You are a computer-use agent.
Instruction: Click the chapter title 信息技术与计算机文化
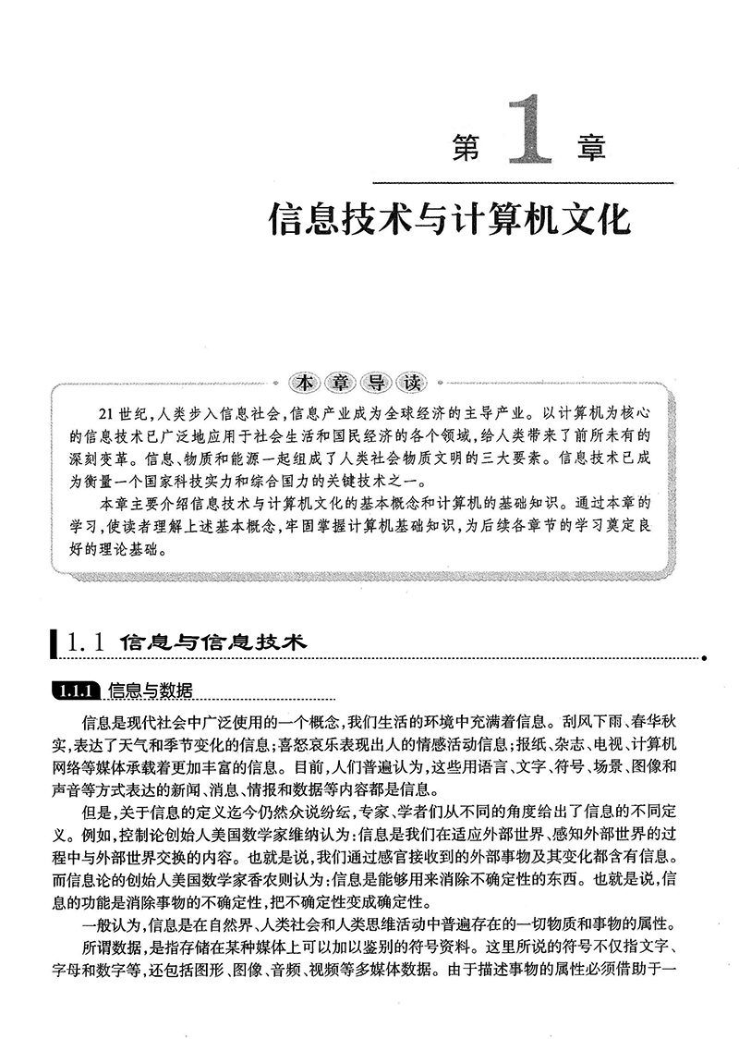(x=448, y=224)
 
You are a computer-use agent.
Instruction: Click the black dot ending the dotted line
(x=705, y=658)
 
